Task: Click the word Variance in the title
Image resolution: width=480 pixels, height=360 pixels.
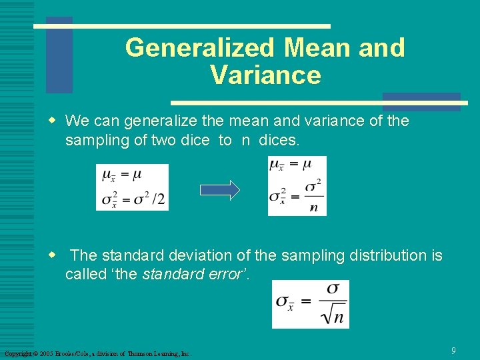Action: pyautogui.click(x=265, y=75)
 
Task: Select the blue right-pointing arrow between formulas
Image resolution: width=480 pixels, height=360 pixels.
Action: pyautogui.click(x=219, y=190)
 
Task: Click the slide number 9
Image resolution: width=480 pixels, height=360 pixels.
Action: pyautogui.click(x=453, y=350)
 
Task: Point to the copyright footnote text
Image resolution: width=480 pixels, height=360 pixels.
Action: pyautogui.click(x=97, y=353)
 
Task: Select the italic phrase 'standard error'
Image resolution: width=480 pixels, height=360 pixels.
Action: pyautogui.click(x=193, y=274)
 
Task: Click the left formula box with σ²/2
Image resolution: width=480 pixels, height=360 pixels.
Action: pyautogui.click(x=132, y=187)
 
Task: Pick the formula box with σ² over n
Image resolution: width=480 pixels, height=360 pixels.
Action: pyautogui.click(x=297, y=186)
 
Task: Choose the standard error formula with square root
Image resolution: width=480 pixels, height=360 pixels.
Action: pyautogui.click(x=310, y=304)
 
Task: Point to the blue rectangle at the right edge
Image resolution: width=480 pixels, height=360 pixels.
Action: pyautogui.click(x=421, y=101)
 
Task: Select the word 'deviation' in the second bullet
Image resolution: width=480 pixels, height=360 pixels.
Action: pyautogui.click(x=193, y=255)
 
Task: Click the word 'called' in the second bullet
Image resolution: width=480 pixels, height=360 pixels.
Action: pyautogui.click(x=83, y=274)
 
